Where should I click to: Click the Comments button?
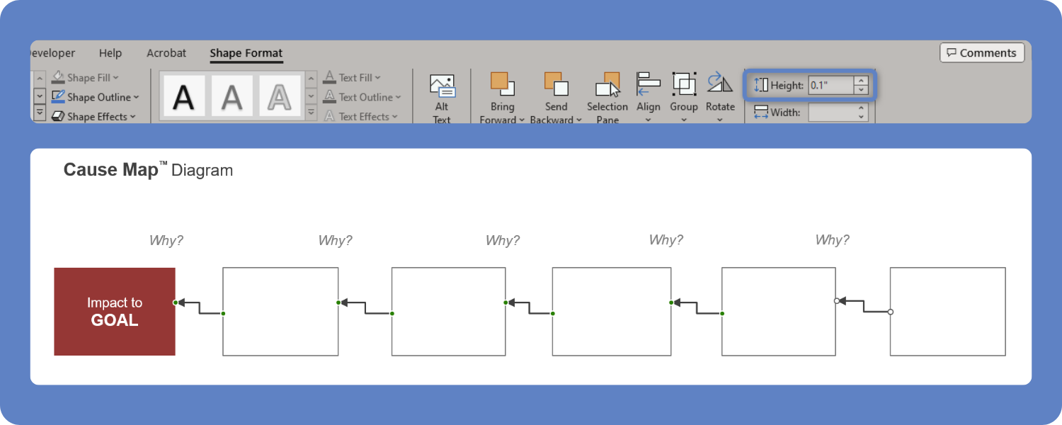point(982,53)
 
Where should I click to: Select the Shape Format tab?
point(246,53)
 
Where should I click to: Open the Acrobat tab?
point(166,53)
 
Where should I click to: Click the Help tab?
point(110,53)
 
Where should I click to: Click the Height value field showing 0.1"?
point(830,85)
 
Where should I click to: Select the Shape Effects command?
point(96,117)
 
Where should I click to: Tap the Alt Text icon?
point(442,87)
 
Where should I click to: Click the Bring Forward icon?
point(503,84)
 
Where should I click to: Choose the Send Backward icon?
point(556,84)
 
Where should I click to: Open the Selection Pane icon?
point(607,84)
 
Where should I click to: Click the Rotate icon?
point(720,84)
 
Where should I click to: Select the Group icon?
point(684,84)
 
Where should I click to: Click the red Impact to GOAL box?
point(115,312)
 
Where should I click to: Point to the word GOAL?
point(115,320)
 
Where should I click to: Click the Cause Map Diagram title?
point(148,170)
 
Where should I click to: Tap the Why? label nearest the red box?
point(166,240)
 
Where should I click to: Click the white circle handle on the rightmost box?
point(891,312)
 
